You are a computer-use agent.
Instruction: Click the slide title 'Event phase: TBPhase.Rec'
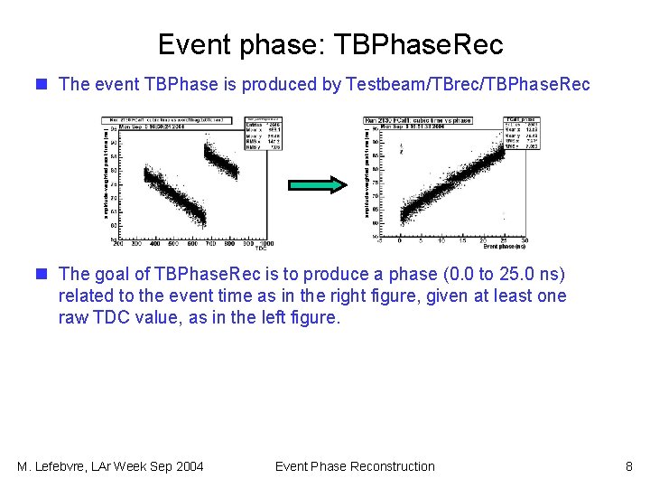330,43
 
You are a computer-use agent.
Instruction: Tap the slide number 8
628,466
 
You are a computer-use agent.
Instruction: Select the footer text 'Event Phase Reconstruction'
354,466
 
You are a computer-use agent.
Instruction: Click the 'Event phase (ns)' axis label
505,246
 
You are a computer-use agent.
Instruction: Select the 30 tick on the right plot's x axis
525,240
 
